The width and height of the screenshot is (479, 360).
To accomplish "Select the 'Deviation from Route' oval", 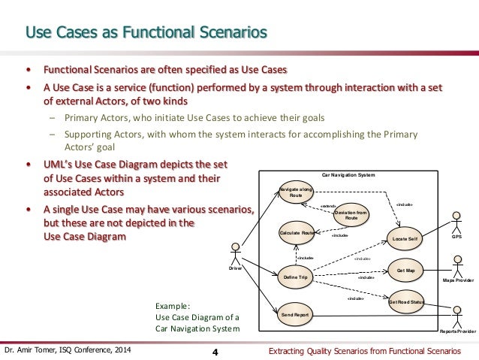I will (x=350, y=215).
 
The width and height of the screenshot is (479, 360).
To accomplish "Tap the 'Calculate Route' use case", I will (x=295, y=234).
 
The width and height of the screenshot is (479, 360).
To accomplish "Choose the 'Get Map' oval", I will (x=405, y=270).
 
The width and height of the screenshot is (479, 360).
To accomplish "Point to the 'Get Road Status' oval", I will (x=406, y=302).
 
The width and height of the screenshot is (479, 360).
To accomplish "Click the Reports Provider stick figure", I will (x=456, y=314).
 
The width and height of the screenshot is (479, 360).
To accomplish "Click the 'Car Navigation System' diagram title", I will (x=348, y=174).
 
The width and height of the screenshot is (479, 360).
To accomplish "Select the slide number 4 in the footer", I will (x=215, y=352).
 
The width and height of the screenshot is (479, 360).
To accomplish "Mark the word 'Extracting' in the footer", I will (x=288, y=351).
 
